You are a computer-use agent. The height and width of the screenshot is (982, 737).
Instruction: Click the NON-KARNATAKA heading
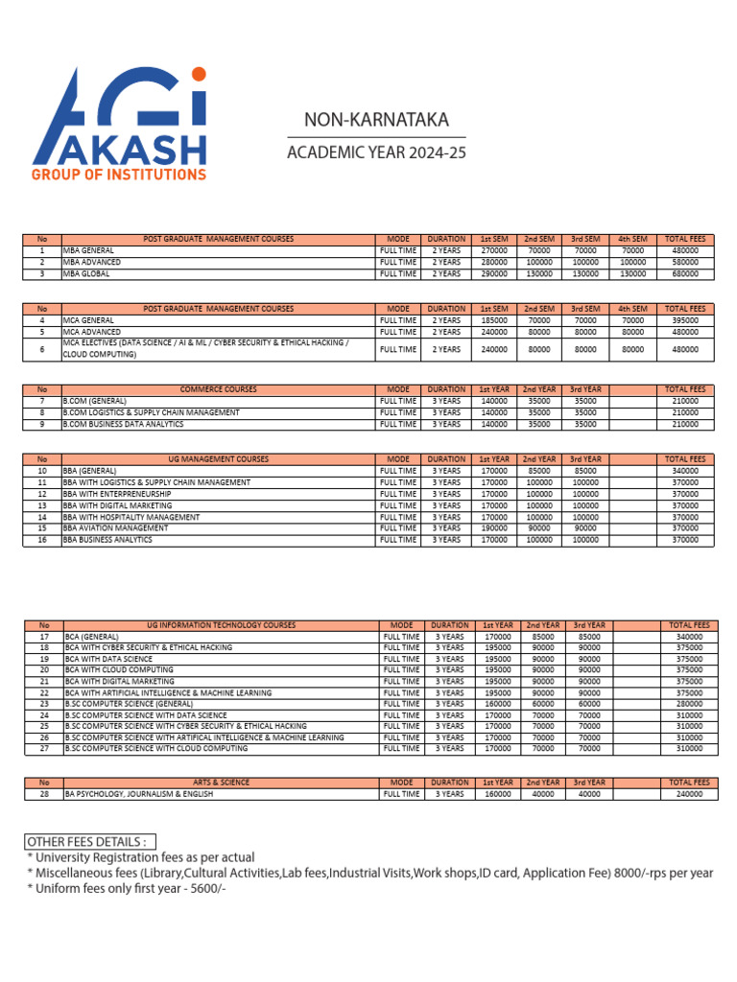[x=363, y=120]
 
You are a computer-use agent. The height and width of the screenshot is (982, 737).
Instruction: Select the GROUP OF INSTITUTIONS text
[x=119, y=175]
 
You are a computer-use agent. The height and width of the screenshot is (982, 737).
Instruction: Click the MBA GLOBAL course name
[x=86, y=273]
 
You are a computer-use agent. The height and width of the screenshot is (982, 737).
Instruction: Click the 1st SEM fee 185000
[x=493, y=320]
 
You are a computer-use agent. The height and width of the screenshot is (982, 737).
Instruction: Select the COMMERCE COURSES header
[x=219, y=389]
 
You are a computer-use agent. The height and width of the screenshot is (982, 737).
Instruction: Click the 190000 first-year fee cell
[x=493, y=528]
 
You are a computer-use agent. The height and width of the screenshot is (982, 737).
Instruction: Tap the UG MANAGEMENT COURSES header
[x=219, y=459]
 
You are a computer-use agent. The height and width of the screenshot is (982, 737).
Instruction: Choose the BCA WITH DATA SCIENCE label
[x=108, y=659]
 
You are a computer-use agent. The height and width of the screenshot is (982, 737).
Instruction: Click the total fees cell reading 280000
[x=688, y=704]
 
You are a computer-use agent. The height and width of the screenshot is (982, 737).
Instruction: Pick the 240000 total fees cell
[x=688, y=794]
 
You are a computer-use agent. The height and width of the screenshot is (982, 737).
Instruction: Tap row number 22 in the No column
[x=43, y=692]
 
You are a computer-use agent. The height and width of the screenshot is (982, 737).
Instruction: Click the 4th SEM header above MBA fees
[x=632, y=239]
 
